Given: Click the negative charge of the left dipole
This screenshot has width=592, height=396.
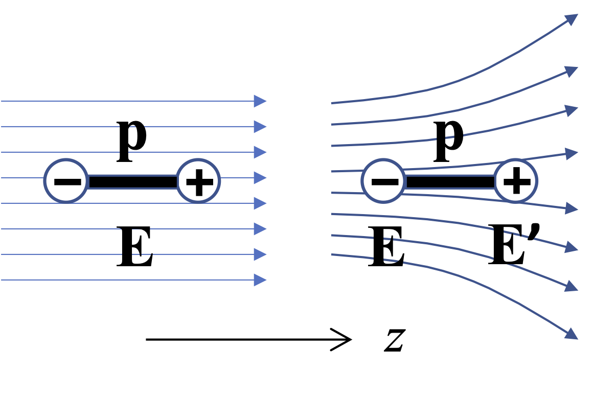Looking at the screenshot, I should (x=66, y=181).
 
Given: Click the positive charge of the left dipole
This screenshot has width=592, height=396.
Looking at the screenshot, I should (x=198, y=181).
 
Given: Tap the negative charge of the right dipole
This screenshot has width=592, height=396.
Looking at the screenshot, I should (x=383, y=181).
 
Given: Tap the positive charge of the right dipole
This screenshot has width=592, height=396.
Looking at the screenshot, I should (x=516, y=181).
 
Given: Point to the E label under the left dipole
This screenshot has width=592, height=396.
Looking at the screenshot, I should (x=135, y=248).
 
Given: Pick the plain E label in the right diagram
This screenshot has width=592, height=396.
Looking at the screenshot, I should (x=386, y=248).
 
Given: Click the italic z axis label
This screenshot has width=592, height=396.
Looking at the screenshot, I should (x=394, y=340).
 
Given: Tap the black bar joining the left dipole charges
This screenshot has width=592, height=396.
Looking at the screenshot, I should (x=132, y=181).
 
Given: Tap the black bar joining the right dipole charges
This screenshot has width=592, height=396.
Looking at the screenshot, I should (x=449, y=181).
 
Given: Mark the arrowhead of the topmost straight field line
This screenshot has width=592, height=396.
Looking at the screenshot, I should (x=261, y=101).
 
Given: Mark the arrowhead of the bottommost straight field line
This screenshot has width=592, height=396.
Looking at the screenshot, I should (x=261, y=280).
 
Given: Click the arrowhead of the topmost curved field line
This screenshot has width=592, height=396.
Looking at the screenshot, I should (x=572, y=19).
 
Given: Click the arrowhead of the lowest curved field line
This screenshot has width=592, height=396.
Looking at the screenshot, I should (x=572, y=334).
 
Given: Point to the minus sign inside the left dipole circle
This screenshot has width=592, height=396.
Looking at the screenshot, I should (x=66, y=181).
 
